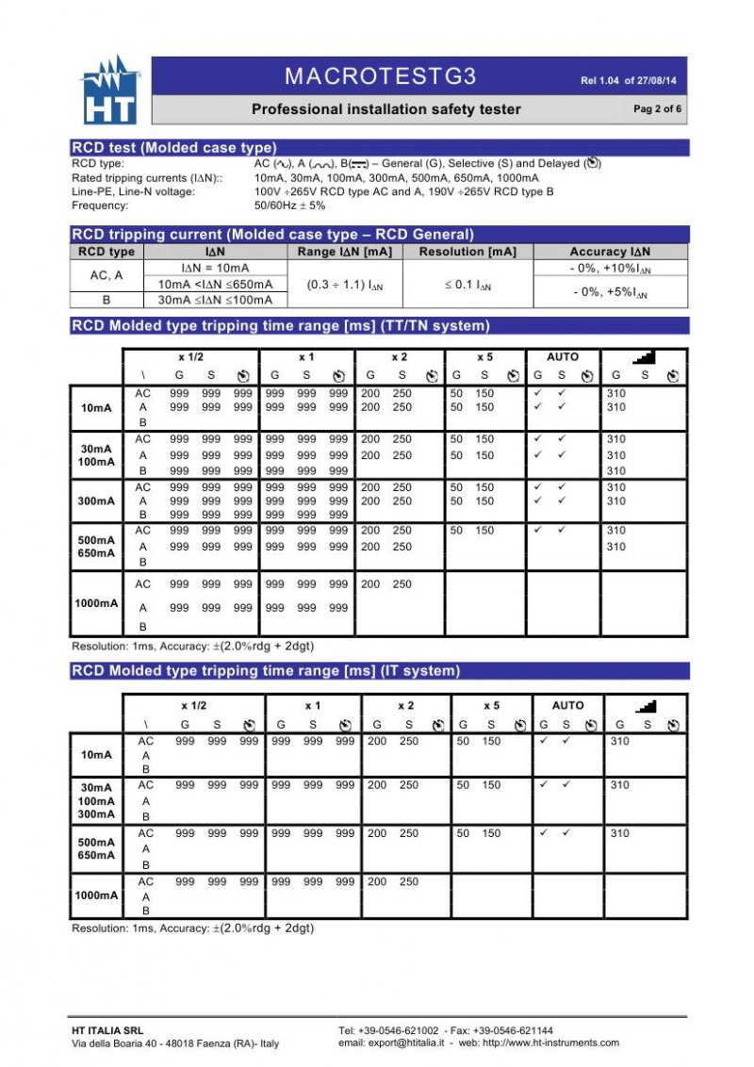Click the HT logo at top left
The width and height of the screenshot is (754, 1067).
(x=109, y=90)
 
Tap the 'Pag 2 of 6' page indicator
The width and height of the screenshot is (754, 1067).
(x=657, y=109)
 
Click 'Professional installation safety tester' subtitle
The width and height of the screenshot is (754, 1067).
(x=385, y=109)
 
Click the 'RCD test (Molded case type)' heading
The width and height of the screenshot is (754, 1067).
(x=174, y=147)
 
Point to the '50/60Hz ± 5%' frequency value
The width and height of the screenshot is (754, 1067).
(x=289, y=205)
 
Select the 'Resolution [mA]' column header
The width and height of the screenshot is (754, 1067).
(x=467, y=252)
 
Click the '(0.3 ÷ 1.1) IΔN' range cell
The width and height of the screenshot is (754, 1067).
(x=345, y=284)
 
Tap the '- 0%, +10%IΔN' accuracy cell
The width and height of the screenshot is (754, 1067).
(x=610, y=269)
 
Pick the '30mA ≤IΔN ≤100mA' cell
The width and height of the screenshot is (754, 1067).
(x=215, y=300)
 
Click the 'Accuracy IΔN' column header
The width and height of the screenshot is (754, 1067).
(x=610, y=252)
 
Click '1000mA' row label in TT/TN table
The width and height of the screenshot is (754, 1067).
(x=97, y=602)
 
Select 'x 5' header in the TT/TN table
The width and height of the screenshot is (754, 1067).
(x=484, y=357)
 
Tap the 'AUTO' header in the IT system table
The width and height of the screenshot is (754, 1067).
(x=567, y=705)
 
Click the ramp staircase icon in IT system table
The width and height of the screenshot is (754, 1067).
(x=647, y=705)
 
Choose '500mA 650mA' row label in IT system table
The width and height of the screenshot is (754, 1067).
(x=97, y=848)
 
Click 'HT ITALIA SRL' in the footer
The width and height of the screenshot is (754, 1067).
(x=107, y=1029)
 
